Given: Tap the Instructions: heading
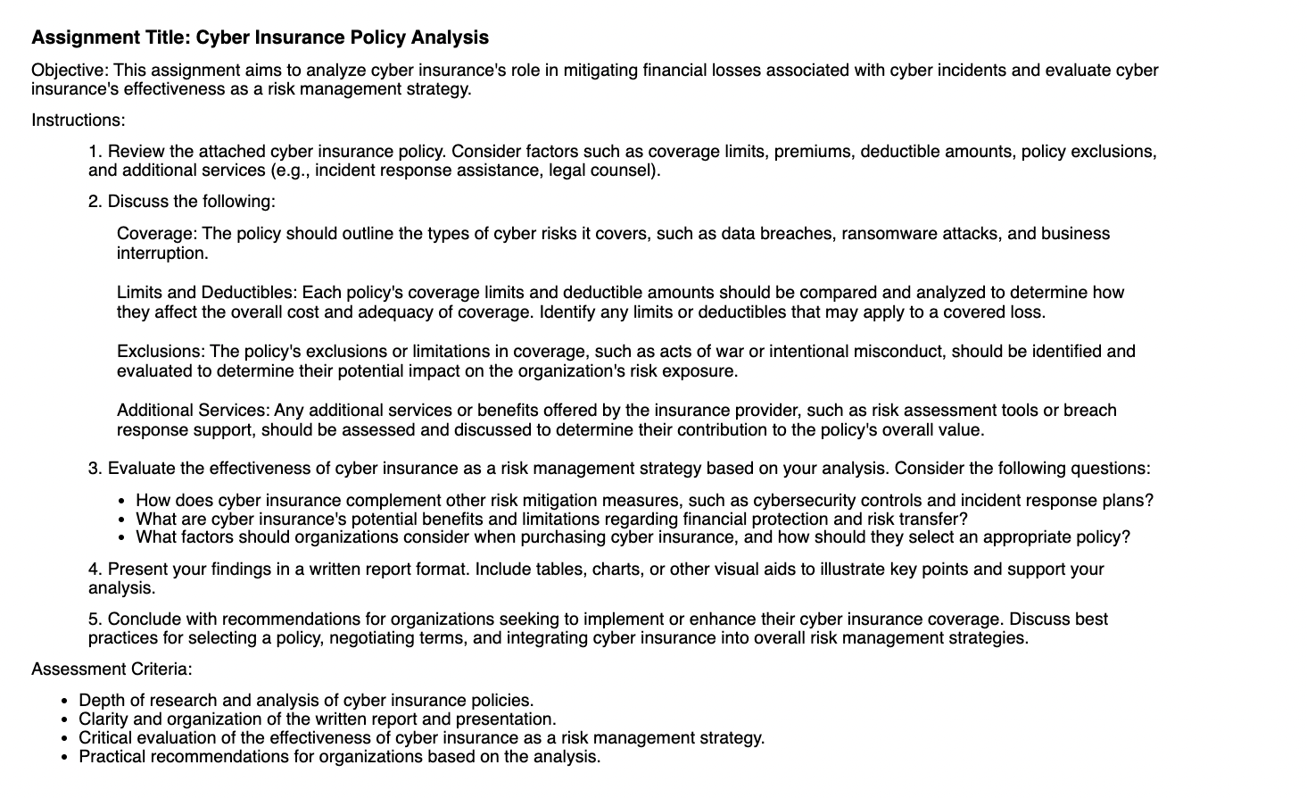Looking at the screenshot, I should [x=79, y=120].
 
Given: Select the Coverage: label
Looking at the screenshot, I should [x=157, y=234].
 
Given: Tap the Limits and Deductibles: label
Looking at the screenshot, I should [x=207, y=293].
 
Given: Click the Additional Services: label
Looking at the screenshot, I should [x=193, y=411].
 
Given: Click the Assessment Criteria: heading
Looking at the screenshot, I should [x=112, y=669].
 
